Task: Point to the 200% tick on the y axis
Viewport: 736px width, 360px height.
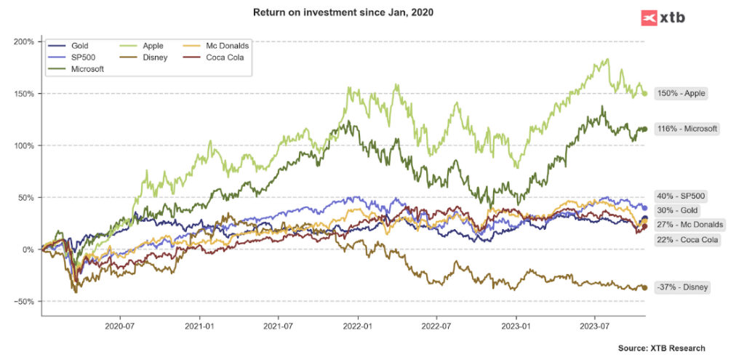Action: tap(25, 41)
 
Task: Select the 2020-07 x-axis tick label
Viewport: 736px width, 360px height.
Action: tap(121, 328)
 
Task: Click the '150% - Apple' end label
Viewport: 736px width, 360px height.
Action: tap(681, 93)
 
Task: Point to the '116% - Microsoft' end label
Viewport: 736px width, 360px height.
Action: tap(687, 129)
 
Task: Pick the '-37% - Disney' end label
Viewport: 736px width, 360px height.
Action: tap(681, 287)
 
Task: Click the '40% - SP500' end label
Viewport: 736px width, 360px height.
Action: tap(681, 196)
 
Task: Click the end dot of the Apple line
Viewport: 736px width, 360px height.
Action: tap(644, 93)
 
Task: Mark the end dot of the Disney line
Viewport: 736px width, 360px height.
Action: tap(644, 288)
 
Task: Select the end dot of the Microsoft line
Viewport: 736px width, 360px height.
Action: tap(644, 129)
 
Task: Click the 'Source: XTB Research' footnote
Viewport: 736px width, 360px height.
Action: tap(661, 348)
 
